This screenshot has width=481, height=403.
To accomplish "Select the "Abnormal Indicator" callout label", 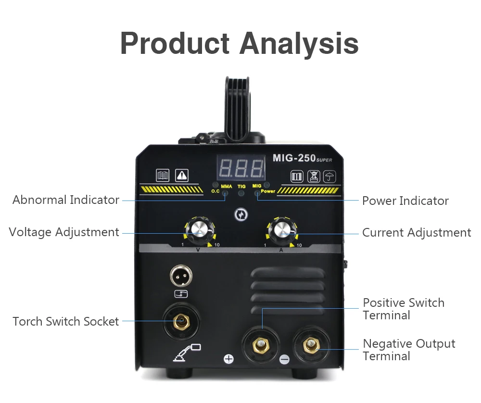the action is [x=66, y=200].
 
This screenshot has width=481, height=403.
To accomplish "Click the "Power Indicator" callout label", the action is [x=405, y=201].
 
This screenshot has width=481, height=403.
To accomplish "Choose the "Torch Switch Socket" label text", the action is [x=66, y=322].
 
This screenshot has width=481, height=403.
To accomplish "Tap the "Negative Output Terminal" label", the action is [x=409, y=350].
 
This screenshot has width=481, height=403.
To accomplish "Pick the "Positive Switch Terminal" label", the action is [x=403, y=309].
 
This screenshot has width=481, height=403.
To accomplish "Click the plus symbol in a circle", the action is [x=229, y=359].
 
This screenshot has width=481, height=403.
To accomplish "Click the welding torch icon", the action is [x=187, y=353].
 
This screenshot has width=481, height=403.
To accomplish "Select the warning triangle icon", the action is [x=182, y=176].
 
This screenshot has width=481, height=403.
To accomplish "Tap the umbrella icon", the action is [x=329, y=176].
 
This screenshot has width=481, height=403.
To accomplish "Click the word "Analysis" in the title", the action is [x=299, y=43].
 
